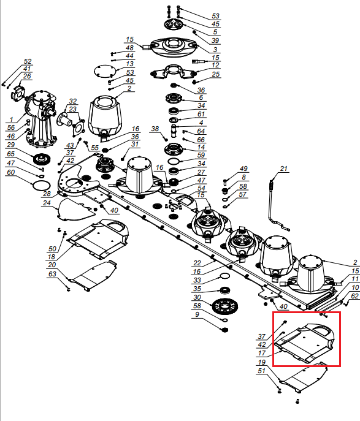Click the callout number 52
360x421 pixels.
[28, 61]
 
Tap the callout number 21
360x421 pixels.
[284, 169]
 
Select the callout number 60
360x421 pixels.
[11, 172]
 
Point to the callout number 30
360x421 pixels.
[197, 297]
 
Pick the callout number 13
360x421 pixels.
[130, 64]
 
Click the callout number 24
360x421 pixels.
[47, 203]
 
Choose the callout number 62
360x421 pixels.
[354, 296]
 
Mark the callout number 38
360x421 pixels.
[155, 129]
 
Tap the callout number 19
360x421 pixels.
[262, 362]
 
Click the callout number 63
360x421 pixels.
[52, 274]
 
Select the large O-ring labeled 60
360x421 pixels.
[41, 186]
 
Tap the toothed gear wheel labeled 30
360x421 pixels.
[225, 306]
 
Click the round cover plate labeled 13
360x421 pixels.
[105, 72]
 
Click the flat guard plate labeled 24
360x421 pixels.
[76, 210]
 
